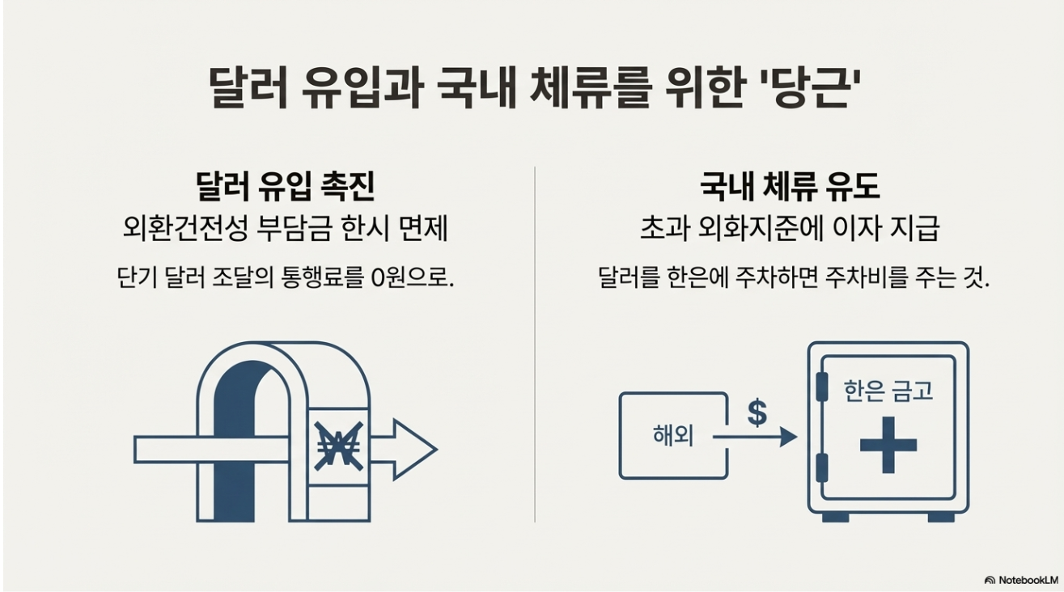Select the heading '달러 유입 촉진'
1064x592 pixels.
pyautogui.click(x=285, y=188)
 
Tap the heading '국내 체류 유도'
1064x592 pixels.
pyautogui.click(x=789, y=188)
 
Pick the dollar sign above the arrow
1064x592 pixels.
pyautogui.click(x=757, y=412)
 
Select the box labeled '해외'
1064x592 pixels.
pyautogui.click(x=672, y=435)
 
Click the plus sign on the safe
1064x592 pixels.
pyautogui.click(x=888, y=445)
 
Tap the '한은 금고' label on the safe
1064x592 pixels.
pyautogui.click(x=888, y=391)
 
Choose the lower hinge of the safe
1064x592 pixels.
pyautogui.click(x=822, y=467)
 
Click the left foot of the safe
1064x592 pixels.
pyautogui.click(x=836, y=516)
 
